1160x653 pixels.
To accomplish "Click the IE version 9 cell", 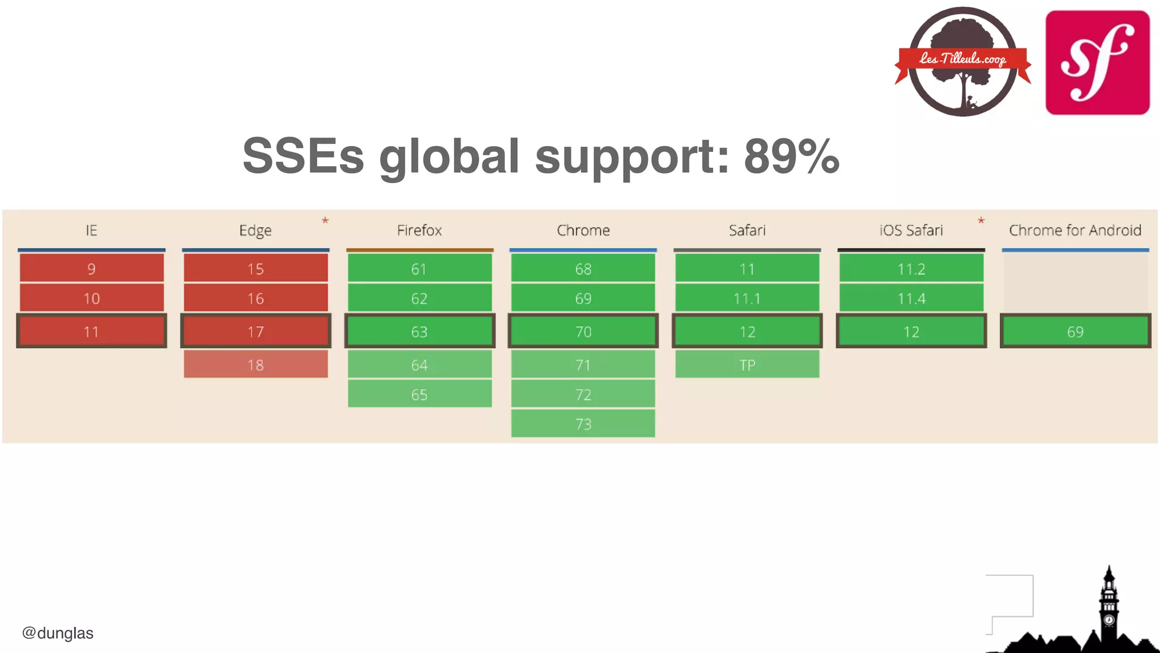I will [91, 268].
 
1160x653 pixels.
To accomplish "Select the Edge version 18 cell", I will [255, 364].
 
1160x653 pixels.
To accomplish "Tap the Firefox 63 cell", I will [419, 331].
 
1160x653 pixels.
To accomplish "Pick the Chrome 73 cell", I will [583, 424].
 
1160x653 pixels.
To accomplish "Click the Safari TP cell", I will [747, 364].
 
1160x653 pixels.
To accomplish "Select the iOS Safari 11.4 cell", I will [911, 298].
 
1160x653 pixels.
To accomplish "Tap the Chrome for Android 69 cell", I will [1075, 331].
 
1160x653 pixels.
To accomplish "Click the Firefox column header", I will [419, 230].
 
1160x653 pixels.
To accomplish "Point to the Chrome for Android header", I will [1074, 230].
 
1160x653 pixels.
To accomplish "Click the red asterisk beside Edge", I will [325, 221].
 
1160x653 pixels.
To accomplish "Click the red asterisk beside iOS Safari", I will [981, 221].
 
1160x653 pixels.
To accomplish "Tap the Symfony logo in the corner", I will [1097, 62].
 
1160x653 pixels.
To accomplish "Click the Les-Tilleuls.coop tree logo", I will [963, 61].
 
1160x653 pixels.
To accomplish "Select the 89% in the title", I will [791, 156].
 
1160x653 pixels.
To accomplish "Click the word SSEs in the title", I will [303, 156].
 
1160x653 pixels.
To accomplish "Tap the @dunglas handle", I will [58, 633].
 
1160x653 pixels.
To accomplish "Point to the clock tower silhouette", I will [1108, 607].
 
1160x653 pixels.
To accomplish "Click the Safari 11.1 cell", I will [747, 298].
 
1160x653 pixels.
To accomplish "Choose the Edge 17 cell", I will [255, 331].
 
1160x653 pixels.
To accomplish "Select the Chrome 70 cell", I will [583, 331].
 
